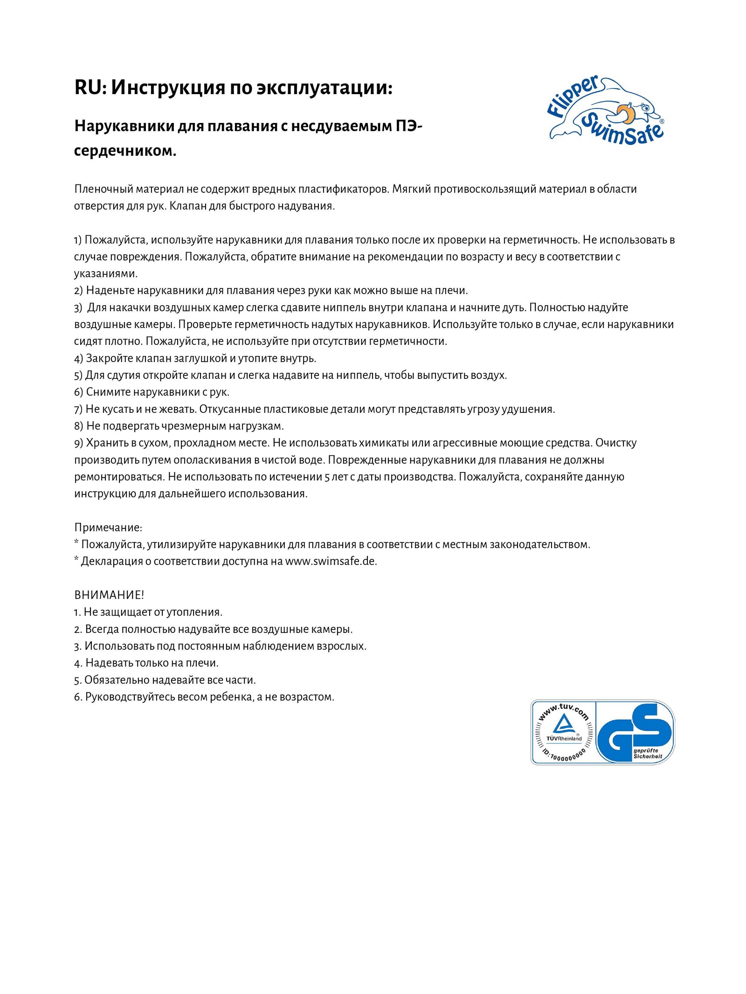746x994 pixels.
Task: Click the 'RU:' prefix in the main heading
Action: pyautogui.click(x=90, y=88)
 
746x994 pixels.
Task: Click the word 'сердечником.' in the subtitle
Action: pyautogui.click(x=125, y=151)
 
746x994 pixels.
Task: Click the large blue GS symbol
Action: pyautogui.click(x=634, y=732)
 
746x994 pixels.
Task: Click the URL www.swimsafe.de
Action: pyautogui.click(x=331, y=562)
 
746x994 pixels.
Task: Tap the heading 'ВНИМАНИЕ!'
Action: pyautogui.click(x=109, y=595)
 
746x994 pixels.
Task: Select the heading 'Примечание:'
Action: pyautogui.click(x=108, y=528)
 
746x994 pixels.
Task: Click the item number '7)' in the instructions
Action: pyautogui.click(x=78, y=409)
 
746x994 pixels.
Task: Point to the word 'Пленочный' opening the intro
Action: pyautogui.click(x=104, y=189)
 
